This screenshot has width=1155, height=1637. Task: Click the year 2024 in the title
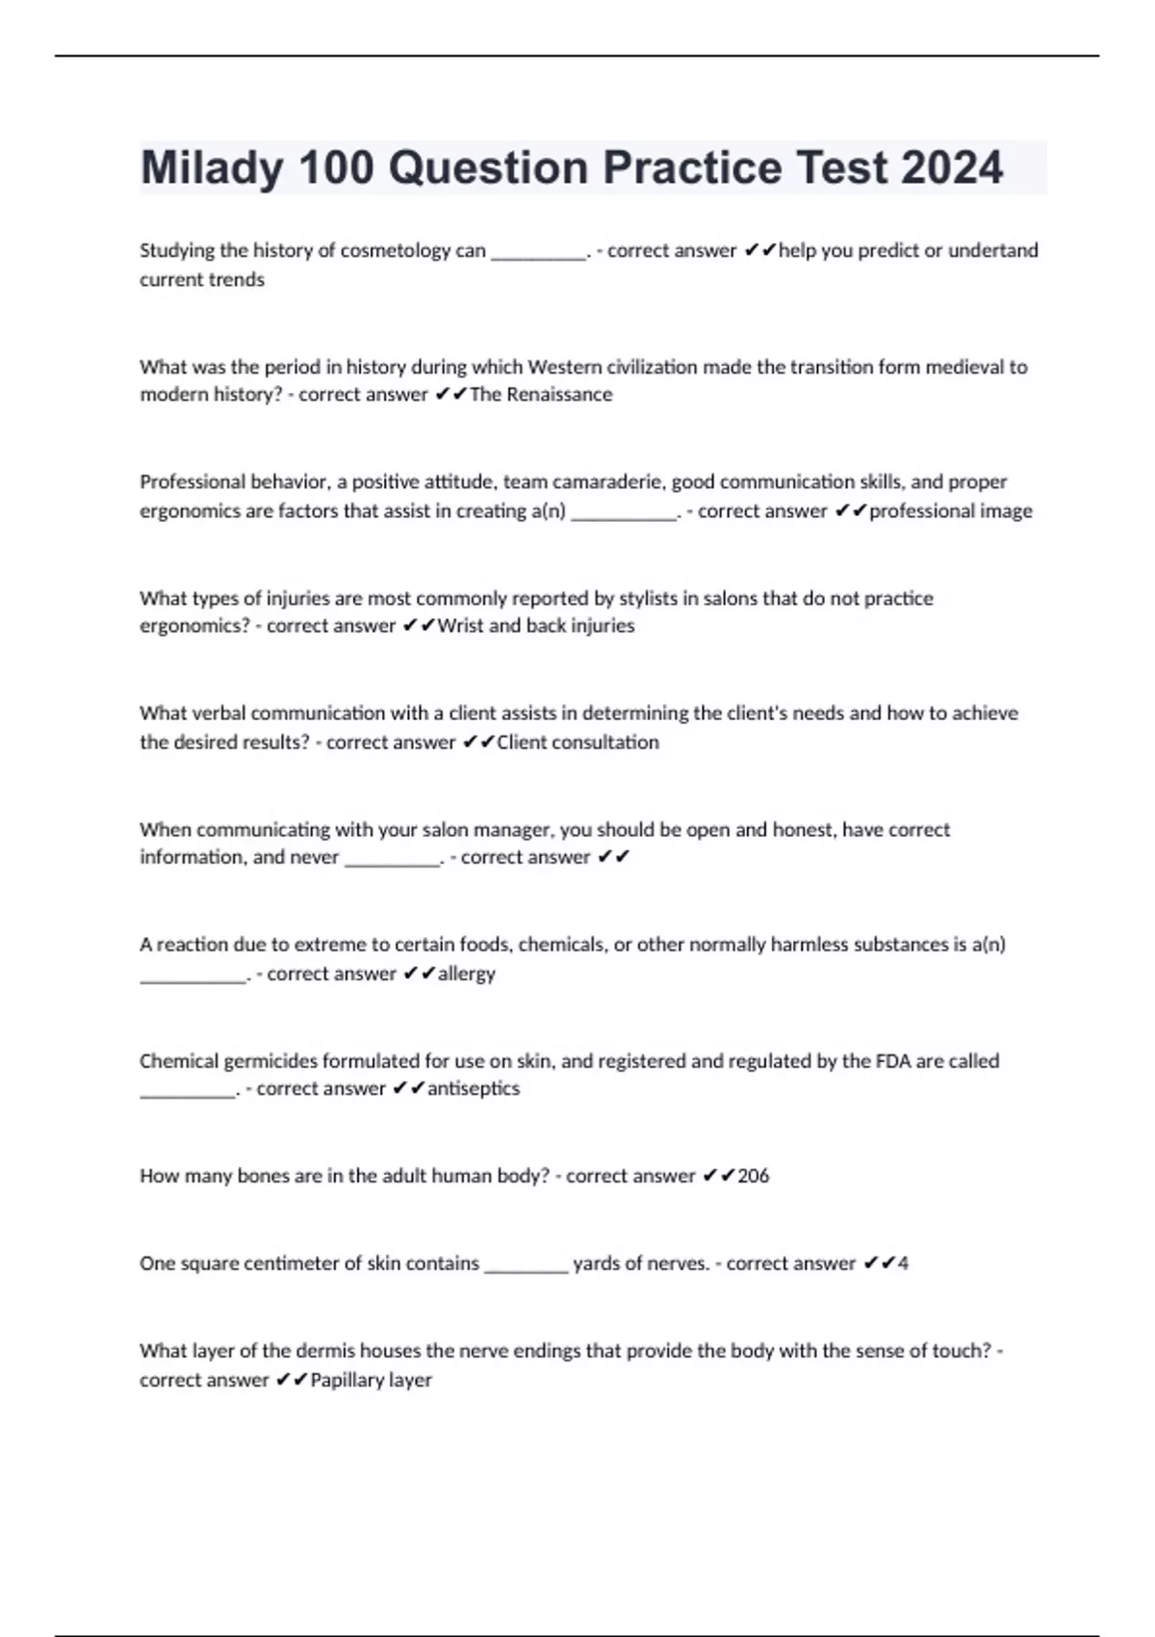click(952, 169)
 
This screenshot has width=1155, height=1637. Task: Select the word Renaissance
click(559, 395)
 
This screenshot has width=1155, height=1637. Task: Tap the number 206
click(754, 1176)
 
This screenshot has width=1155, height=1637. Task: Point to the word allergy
click(467, 974)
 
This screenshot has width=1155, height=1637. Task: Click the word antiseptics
click(474, 1088)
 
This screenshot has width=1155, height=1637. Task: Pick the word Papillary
click(346, 1380)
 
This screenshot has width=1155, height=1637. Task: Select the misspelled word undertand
click(993, 250)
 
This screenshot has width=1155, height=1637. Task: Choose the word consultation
click(604, 742)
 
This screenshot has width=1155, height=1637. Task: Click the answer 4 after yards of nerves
click(903, 1263)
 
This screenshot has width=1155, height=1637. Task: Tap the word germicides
click(270, 1061)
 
